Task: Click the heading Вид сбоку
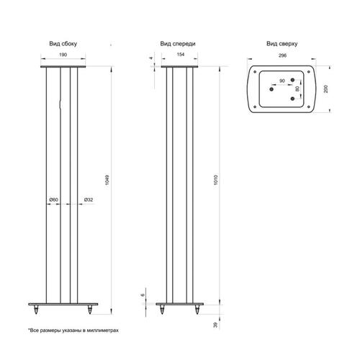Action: tap(63, 44)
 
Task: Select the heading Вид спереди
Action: tap(178, 44)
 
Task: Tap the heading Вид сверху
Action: tap(282, 44)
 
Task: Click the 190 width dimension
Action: tap(63, 55)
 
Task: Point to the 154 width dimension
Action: tap(181, 55)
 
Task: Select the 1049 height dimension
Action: tap(107, 180)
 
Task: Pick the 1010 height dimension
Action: tap(215, 180)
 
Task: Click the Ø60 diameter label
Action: tap(54, 199)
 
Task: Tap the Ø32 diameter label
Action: tap(89, 199)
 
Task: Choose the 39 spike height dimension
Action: tap(215, 325)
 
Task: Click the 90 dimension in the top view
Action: tap(282, 81)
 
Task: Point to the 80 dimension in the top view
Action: tap(297, 89)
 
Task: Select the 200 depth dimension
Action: tap(325, 89)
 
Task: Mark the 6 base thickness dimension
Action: tap(143, 294)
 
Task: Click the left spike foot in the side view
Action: tap(36, 310)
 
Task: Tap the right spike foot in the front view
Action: tap(197, 310)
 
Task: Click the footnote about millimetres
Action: tap(73, 330)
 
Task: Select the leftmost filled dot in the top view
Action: tap(271, 89)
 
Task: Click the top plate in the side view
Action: tap(63, 66)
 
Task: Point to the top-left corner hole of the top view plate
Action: tap(255, 72)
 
